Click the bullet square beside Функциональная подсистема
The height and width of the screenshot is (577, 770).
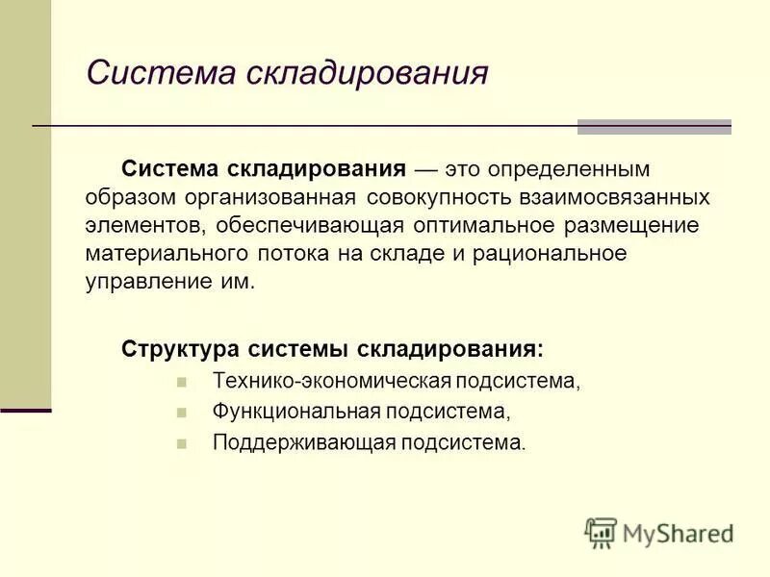coord(181,413)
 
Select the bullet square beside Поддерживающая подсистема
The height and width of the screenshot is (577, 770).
coord(181,444)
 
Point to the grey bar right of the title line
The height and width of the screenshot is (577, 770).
coord(654,127)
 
